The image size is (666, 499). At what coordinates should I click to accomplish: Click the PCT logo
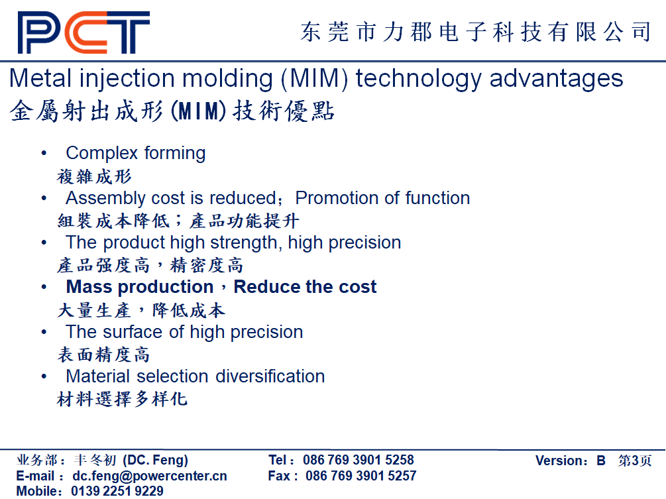(83, 32)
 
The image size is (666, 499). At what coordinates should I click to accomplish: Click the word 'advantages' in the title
(556, 80)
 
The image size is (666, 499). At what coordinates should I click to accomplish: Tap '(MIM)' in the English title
(314, 80)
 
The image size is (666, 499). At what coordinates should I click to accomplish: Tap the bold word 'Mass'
(89, 287)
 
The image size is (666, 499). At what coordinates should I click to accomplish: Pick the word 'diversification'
(270, 376)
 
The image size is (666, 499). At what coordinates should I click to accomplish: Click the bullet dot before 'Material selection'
(44, 376)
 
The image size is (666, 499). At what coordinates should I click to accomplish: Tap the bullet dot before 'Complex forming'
(44, 153)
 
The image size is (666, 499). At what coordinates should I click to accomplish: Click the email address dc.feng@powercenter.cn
(150, 476)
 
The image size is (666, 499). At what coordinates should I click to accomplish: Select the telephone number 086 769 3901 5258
(358, 460)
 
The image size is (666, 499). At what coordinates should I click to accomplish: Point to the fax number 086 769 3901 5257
(361, 476)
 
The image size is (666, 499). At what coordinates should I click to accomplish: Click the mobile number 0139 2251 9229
(117, 491)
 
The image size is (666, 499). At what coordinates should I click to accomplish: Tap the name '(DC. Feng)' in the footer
(156, 461)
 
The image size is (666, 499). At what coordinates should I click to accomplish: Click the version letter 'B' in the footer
(600, 461)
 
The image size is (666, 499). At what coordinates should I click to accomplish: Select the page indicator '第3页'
(635, 461)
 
